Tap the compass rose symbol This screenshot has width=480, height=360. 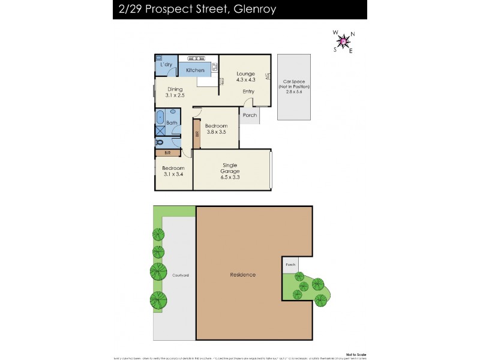(343, 41)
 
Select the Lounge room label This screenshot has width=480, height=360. (245, 73)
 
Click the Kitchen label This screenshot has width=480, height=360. (195, 70)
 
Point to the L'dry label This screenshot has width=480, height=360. (167, 64)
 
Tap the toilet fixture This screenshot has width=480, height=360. (160, 143)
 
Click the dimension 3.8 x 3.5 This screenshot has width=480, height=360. (216, 132)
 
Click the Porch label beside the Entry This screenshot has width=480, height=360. (250, 115)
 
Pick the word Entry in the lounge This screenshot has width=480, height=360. (248, 92)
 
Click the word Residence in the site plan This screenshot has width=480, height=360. (243, 275)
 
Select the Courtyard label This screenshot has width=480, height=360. (181, 275)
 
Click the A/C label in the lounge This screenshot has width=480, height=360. (268, 77)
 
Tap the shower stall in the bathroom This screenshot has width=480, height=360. (160, 131)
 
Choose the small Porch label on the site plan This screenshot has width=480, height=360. (290, 264)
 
